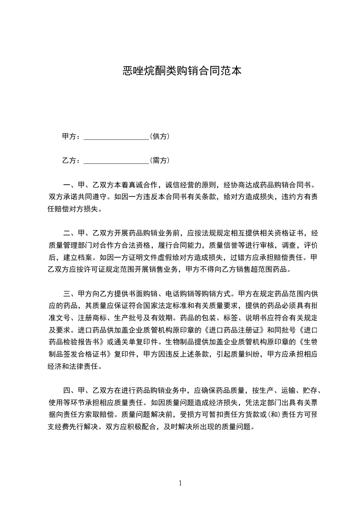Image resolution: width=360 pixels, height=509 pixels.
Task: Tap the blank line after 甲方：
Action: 116,137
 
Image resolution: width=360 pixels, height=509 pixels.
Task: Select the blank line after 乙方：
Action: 116,160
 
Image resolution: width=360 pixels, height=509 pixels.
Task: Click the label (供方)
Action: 160,137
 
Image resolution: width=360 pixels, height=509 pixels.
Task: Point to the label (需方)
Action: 160,160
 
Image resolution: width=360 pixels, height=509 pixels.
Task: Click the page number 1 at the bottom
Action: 180,483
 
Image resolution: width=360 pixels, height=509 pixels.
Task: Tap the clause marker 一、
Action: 69,185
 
